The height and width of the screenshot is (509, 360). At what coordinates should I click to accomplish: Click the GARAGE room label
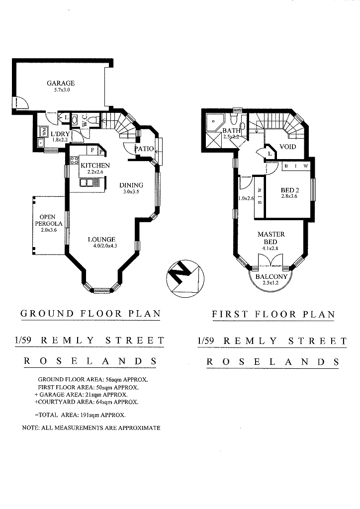(x=61, y=83)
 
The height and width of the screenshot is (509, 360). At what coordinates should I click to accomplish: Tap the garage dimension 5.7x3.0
(x=62, y=90)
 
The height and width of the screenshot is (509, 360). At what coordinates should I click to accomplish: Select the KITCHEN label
(x=95, y=165)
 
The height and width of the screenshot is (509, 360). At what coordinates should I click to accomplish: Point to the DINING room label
(x=131, y=185)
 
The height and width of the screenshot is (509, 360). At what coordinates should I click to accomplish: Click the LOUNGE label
(x=101, y=240)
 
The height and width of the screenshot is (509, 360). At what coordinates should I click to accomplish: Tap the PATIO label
(x=144, y=149)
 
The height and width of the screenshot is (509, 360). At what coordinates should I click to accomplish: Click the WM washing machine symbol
(x=43, y=131)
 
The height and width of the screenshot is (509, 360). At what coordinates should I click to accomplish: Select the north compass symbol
(x=185, y=278)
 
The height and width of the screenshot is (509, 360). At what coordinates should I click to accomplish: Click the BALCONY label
(x=271, y=277)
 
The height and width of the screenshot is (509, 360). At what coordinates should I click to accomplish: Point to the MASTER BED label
(x=271, y=238)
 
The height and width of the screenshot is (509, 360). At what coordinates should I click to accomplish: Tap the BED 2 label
(x=289, y=190)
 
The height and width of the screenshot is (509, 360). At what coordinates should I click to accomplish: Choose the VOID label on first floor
(x=287, y=147)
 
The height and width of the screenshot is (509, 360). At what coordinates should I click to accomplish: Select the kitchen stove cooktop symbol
(x=75, y=160)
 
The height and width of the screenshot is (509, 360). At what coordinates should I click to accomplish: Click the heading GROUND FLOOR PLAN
(x=90, y=314)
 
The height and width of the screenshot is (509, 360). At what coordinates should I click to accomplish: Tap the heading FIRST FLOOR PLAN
(x=273, y=314)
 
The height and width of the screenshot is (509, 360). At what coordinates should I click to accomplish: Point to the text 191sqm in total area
(x=89, y=415)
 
